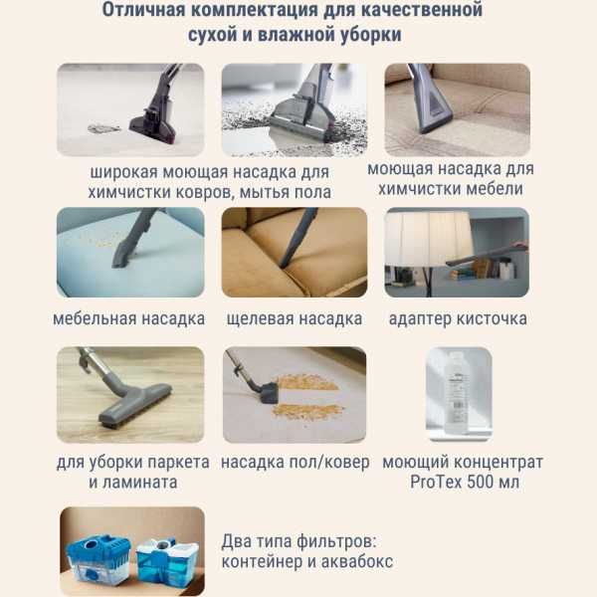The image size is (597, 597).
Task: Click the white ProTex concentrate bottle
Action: point(456,391)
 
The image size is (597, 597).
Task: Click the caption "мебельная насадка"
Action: point(129,319)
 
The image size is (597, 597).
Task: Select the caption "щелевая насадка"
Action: point(294,319)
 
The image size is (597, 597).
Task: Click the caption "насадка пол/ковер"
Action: point(295,463)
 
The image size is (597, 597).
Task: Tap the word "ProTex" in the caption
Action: point(436,483)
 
